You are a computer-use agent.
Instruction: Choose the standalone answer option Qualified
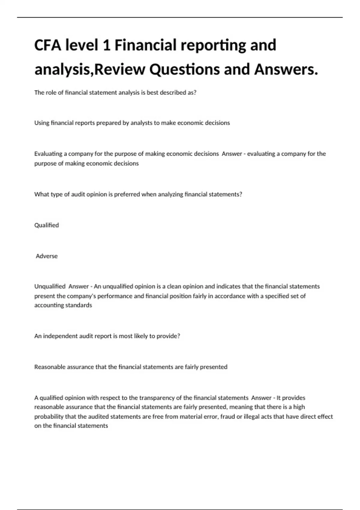click(x=46, y=225)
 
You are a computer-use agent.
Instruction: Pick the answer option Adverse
click(x=47, y=256)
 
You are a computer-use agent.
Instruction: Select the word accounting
click(x=47, y=305)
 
